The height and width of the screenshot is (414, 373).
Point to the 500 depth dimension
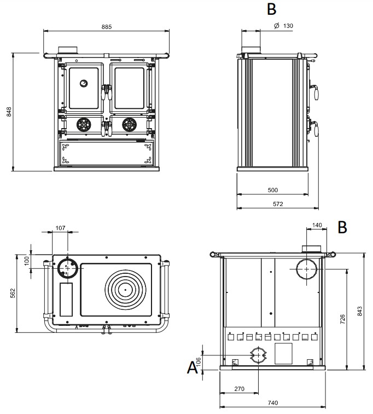click(273, 190)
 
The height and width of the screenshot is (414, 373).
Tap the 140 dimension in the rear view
click(317, 225)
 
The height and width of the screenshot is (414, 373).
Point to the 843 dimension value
click(360, 311)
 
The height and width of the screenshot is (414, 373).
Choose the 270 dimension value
click(238, 389)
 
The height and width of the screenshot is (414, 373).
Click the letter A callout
click(192, 367)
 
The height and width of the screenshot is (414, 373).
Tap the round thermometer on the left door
click(83, 83)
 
